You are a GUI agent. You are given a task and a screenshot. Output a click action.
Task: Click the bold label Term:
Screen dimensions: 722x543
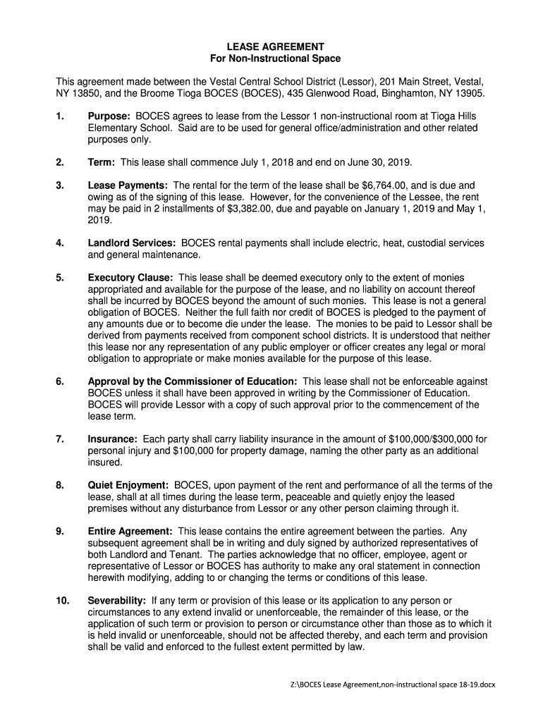pos(102,161)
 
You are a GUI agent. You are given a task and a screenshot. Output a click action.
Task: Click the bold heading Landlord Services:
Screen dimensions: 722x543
pos(133,243)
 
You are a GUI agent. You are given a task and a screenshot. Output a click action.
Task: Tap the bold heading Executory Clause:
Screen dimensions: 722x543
pos(131,278)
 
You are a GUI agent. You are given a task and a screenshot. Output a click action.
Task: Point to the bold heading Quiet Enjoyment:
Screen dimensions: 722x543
pos(128,485)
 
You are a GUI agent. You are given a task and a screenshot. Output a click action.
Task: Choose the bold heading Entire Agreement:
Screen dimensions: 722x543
pos(130,531)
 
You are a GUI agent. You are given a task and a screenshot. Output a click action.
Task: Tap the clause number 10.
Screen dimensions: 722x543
pos(63,600)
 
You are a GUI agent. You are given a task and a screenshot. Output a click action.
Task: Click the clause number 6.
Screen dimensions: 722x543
pos(60,381)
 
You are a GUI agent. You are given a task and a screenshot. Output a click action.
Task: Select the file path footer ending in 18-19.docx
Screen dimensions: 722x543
pos(393,686)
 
